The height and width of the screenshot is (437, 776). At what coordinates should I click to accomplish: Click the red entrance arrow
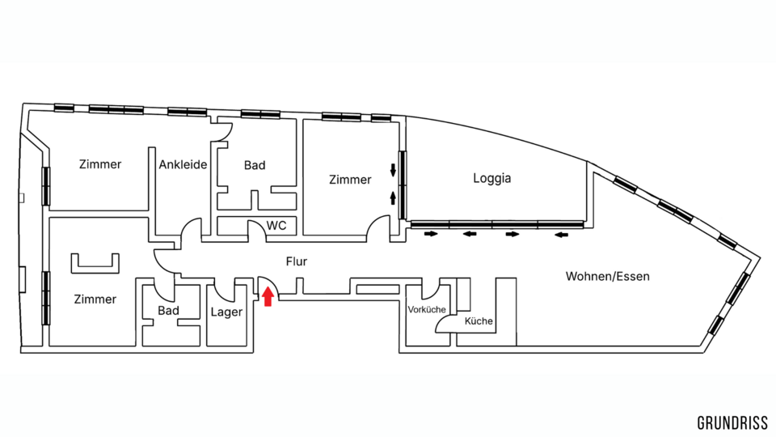[x=268, y=296]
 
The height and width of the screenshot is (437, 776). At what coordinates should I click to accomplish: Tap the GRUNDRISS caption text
[x=732, y=423]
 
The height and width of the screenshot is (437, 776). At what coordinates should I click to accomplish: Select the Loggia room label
[x=492, y=178]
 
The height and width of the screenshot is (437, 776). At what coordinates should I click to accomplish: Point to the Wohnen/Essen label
[x=608, y=276]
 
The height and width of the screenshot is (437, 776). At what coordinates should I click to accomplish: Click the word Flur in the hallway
[x=297, y=261]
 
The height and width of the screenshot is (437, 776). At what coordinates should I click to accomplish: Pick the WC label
[x=276, y=226]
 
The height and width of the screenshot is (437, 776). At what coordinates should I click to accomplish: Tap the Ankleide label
[x=183, y=164]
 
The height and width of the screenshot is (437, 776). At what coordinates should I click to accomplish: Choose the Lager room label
[x=226, y=312]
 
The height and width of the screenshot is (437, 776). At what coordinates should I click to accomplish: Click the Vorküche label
[x=427, y=309]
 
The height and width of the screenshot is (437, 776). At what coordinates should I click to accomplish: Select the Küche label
[x=479, y=320]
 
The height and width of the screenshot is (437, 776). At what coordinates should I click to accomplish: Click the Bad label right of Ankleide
[x=255, y=165]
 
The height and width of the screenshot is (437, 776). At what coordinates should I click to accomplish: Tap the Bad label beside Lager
[x=168, y=311]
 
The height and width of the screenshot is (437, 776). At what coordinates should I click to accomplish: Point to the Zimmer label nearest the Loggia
[x=350, y=180]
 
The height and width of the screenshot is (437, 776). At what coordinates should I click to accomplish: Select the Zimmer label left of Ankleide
[x=100, y=164]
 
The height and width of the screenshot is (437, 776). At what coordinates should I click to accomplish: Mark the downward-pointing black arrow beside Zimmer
[x=393, y=170]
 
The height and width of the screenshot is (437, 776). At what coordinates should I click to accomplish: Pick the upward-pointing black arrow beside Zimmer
[x=393, y=198]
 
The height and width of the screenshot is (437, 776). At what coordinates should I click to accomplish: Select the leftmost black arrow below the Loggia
[x=431, y=234]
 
